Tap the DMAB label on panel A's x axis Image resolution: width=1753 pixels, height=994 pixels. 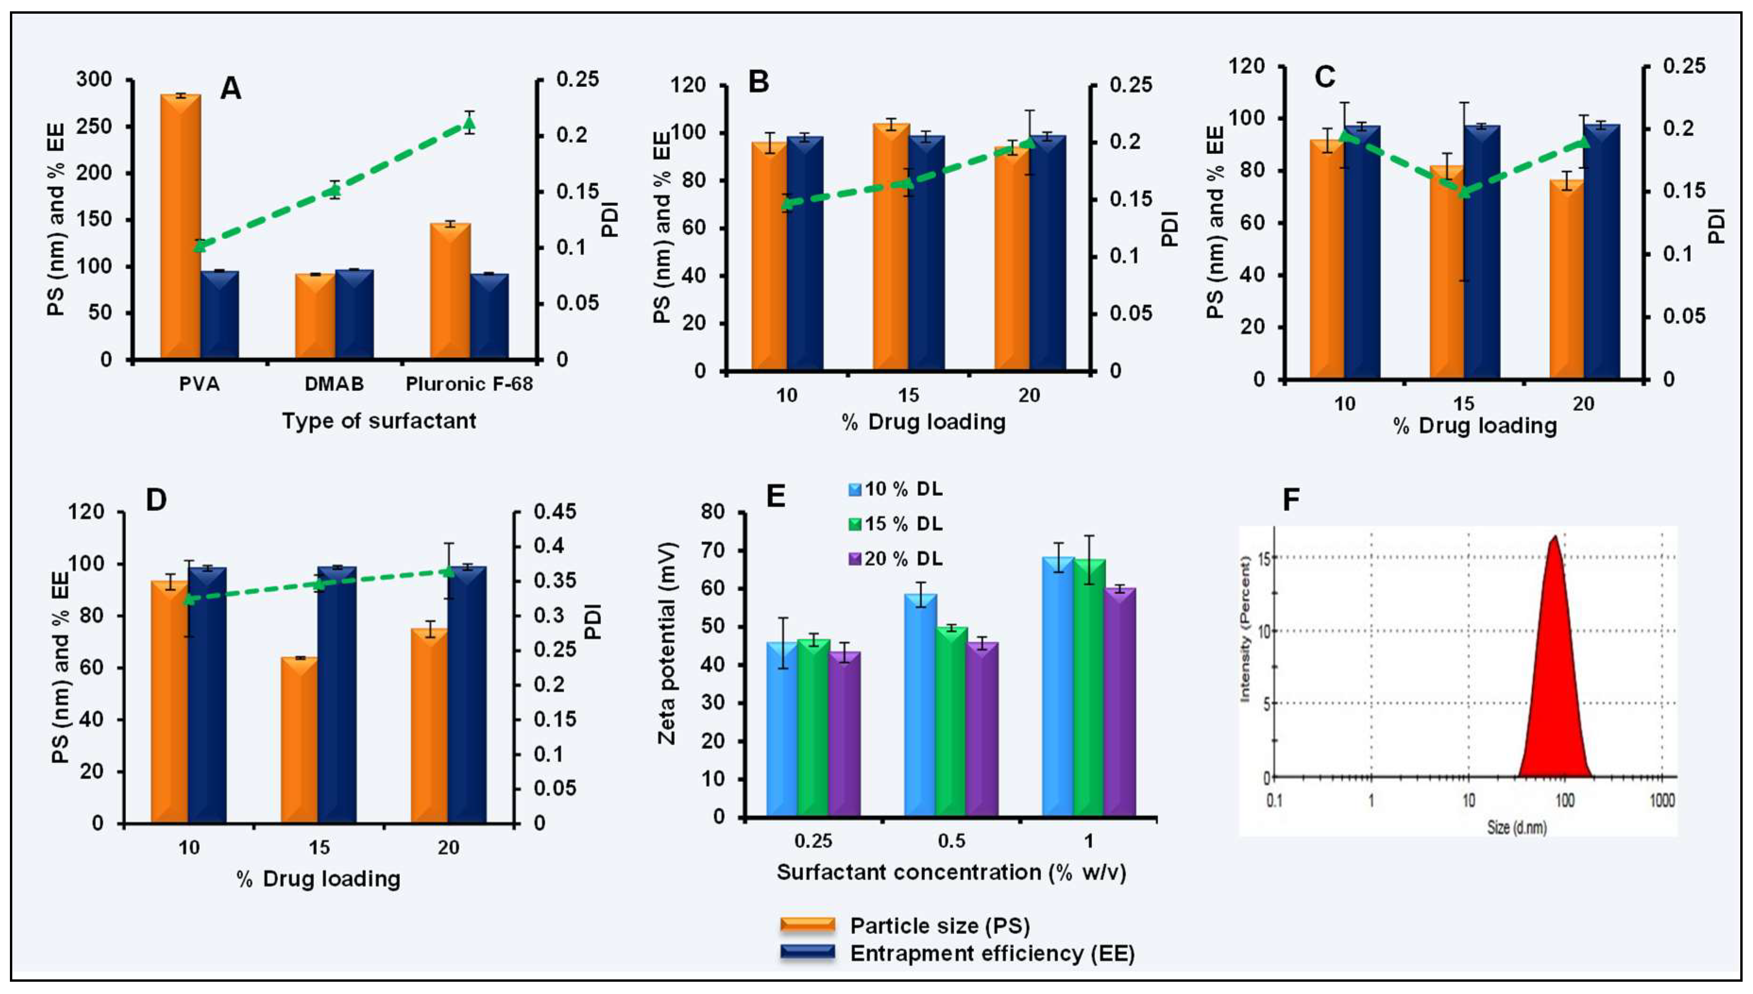pos(334,384)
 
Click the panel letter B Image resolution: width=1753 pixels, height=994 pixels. pos(758,82)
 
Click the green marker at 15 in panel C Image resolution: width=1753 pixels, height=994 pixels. pos(1464,193)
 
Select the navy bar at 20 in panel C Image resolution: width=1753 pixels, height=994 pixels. pos(1601,253)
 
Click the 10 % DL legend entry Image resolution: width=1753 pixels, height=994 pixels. pos(895,489)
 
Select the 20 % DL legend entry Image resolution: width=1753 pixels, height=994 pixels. pos(895,559)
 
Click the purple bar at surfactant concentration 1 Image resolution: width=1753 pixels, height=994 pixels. pos(1120,703)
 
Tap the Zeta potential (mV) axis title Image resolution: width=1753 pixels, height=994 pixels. pos(667,644)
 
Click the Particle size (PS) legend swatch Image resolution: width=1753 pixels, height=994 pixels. pos(807,926)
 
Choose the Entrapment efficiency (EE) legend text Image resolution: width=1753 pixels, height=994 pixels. pos(991,954)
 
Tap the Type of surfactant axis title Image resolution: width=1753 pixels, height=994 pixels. pos(379,421)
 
